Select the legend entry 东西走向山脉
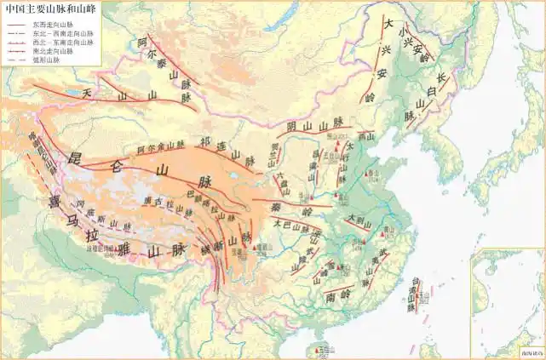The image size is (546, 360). (53, 25)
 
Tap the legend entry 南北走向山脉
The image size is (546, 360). (53, 51)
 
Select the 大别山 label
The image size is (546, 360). (359, 220)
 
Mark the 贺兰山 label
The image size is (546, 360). (275, 153)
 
